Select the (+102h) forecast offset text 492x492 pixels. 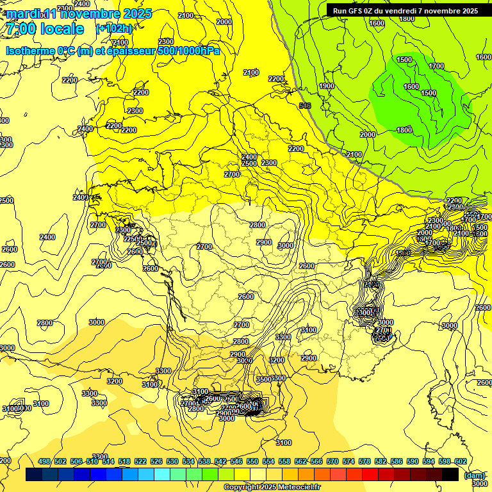coord(113,29)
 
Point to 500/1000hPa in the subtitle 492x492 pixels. coord(188,51)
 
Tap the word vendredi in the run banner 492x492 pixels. coord(410,11)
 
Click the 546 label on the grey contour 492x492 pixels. coord(305,106)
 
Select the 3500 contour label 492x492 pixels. coord(264,379)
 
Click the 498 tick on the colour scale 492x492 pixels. coord(44,462)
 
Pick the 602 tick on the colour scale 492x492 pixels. coord(460,462)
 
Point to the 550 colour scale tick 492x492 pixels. coord(252,462)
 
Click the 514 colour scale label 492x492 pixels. coord(108,462)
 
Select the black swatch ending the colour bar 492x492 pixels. coord(450,474)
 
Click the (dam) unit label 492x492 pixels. coord(475,475)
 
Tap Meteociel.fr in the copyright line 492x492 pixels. coord(299,488)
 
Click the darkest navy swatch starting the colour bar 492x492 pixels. coord(34,474)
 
